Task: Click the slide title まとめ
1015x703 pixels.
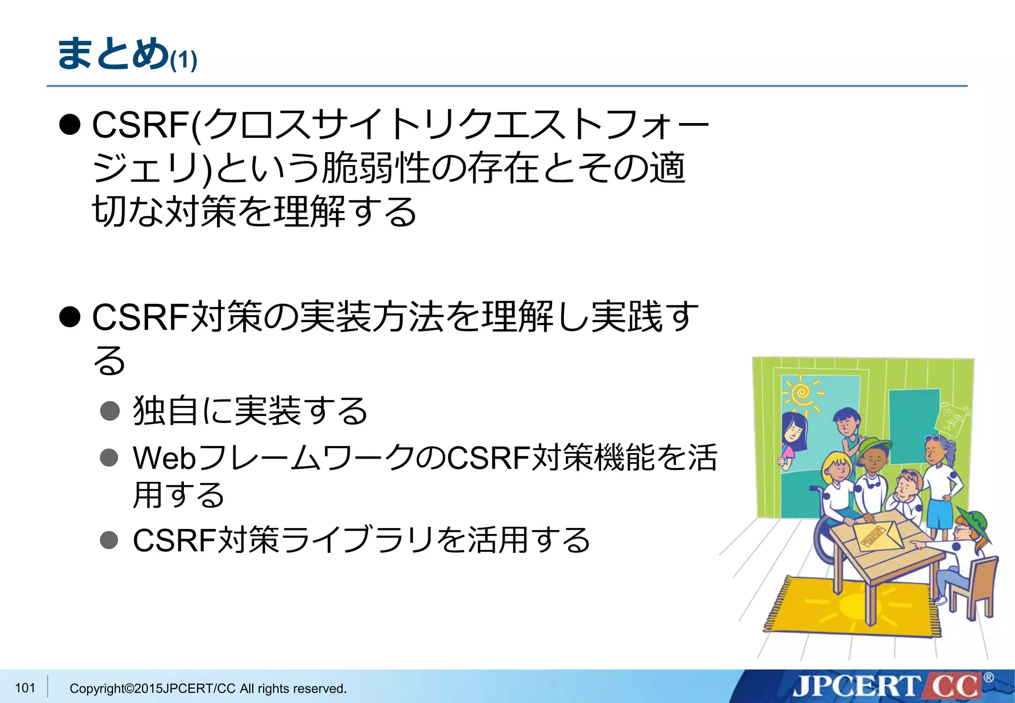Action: tap(113, 53)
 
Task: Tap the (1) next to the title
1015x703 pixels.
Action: tap(183, 60)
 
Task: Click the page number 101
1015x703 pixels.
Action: tap(25, 688)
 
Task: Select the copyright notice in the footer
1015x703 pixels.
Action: tap(208, 689)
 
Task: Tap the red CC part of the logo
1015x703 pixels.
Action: tap(954, 687)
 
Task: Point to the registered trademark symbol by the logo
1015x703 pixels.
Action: tap(988, 678)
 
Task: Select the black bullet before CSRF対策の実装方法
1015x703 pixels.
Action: tap(70, 317)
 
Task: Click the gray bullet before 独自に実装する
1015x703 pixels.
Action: tap(110, 410)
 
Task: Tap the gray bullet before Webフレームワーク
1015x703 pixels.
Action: tap(110, 458)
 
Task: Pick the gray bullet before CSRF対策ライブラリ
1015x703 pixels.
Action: tap(110, 539)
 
